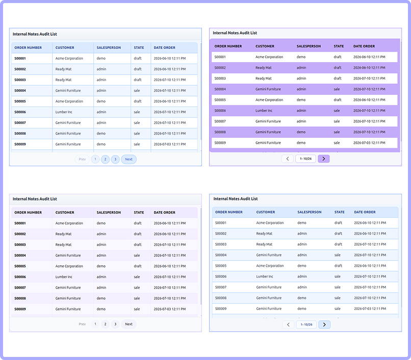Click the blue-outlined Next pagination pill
click(129, 159)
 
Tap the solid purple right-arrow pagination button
click(324, 159)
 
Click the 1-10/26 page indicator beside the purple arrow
click(305, 159)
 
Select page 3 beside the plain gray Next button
click(115, 324)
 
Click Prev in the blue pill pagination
click(82, 159)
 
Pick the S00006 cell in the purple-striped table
click(220, 111)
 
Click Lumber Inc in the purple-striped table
click(264, 111)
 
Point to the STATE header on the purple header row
click(339, 46)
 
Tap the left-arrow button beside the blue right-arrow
click(288, 325)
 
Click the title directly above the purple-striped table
click(235, 33)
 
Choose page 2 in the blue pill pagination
click(106, 159)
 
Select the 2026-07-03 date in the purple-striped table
click(369, 143)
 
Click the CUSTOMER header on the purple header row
click(265, 46)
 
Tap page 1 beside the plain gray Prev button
click(95, 324)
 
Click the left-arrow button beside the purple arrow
click(288, 159)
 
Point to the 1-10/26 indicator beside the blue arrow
click(306, 325)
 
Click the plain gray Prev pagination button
click(82, 324)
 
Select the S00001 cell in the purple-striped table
click(220, 57)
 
